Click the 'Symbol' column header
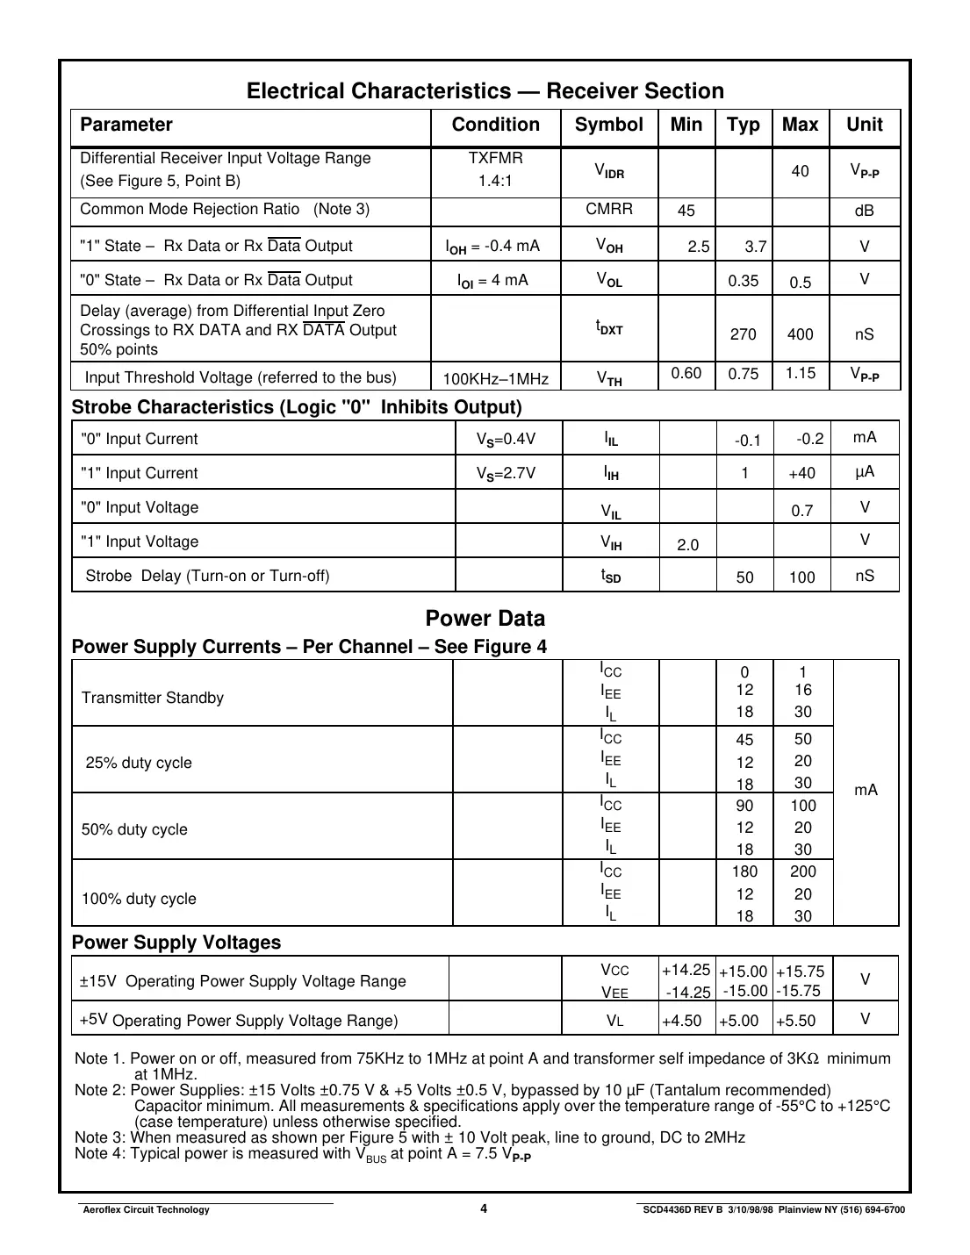(608, 125)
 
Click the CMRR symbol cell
(608, 209)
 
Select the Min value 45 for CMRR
(686, 211)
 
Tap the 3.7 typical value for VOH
(756, 247)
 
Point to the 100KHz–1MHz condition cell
(495, 379)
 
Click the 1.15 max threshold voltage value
(800, 373)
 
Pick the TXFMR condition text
(495, 158)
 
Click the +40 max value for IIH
(801, 473)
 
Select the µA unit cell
(865, 471)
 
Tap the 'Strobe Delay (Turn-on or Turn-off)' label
(207, 576)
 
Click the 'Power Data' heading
(485, 618)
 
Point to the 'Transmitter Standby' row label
(153, 698)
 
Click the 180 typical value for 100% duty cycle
(744, 871)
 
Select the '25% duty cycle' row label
(139, 763)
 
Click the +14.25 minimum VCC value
(686, 970)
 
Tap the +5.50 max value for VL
(795, 1021)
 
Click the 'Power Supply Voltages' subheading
(176, 943)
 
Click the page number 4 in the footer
(484, 1208)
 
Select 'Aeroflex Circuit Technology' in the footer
(146, 1209)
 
